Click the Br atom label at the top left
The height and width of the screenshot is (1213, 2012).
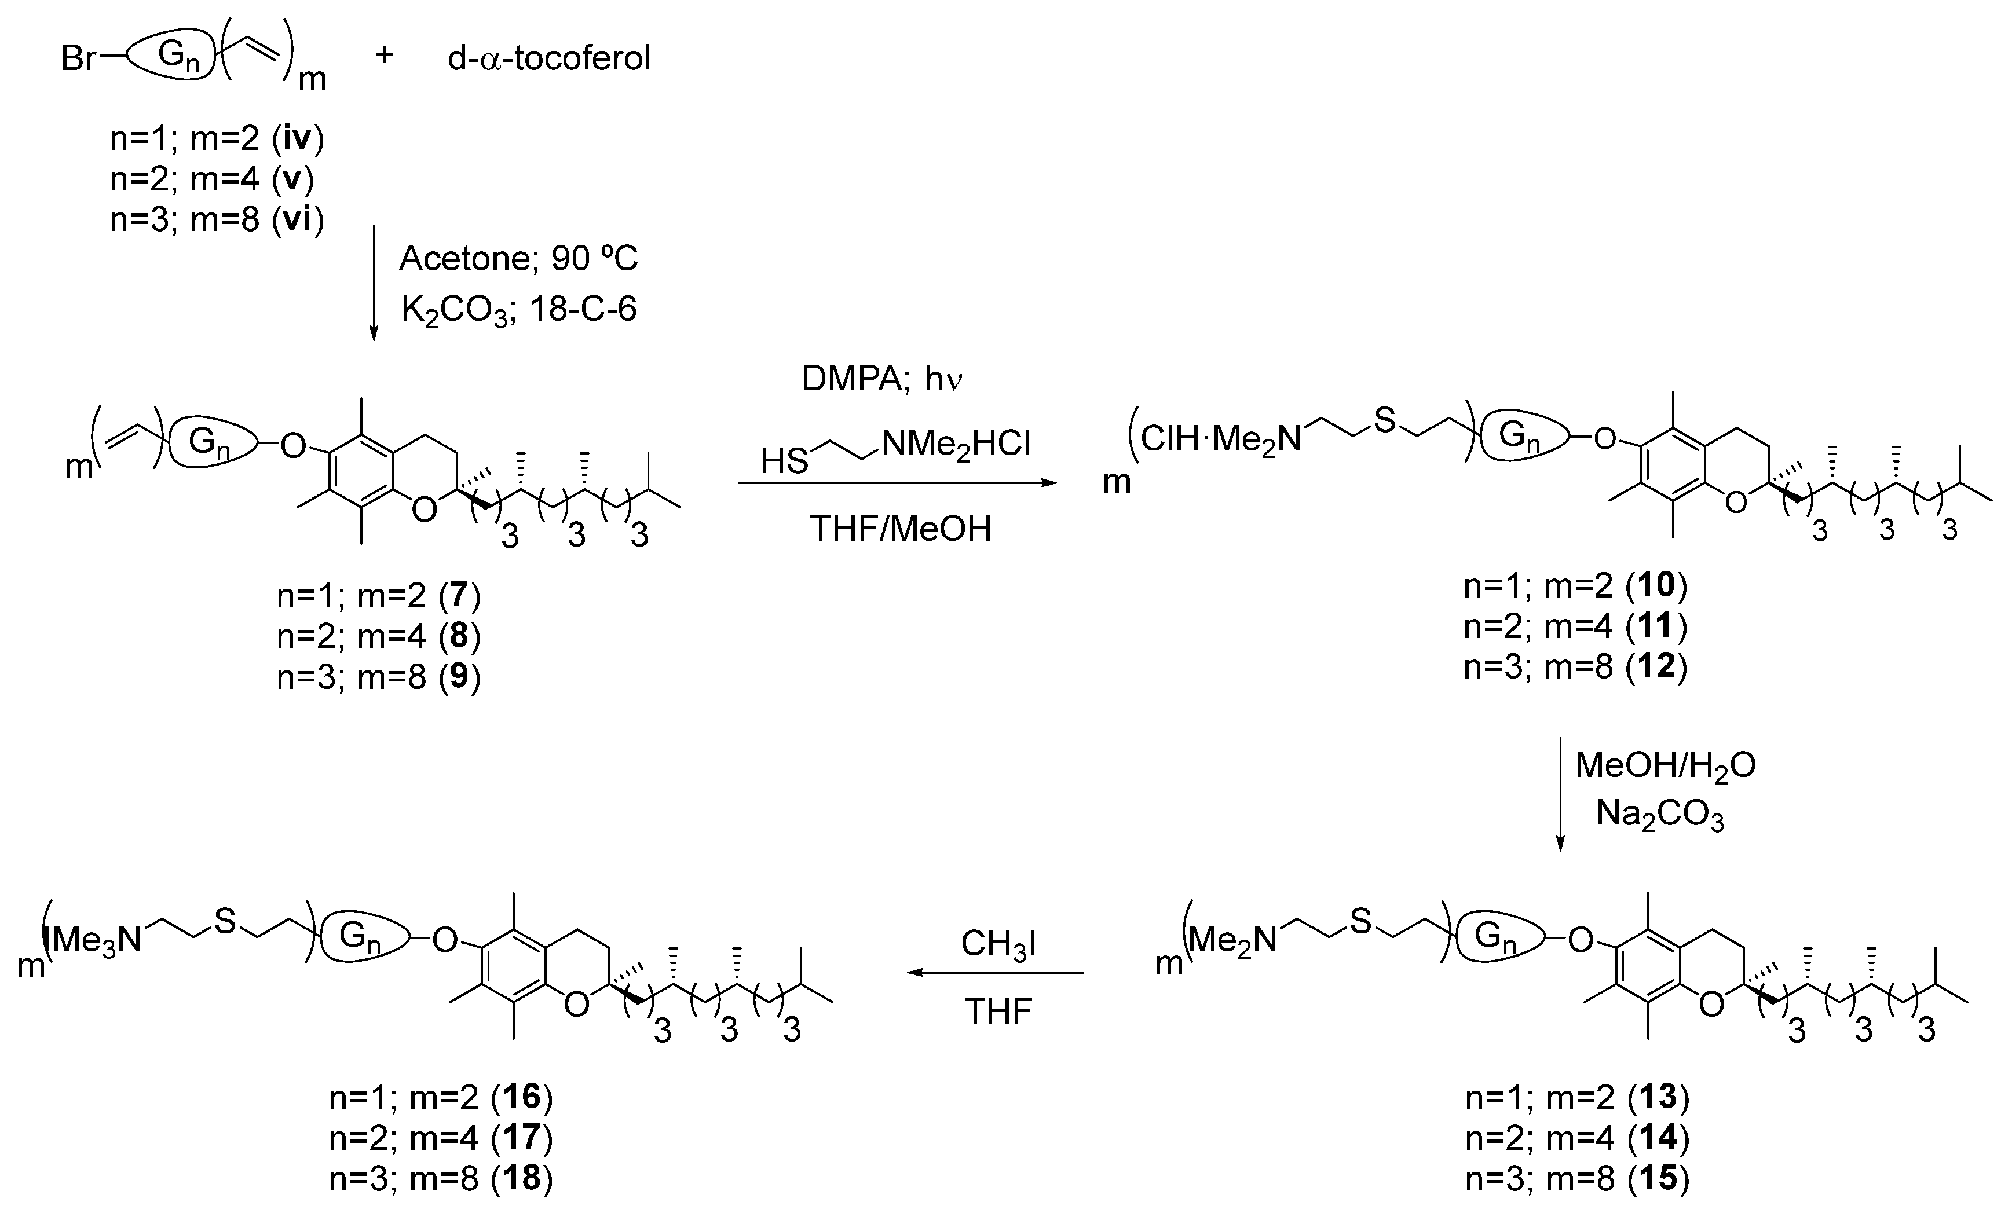tap(78, 59)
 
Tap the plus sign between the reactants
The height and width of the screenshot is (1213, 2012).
tap(385, 56)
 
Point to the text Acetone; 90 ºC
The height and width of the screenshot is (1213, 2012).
tap(518, 259)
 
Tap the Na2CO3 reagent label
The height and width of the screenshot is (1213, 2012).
tap(1660, 815)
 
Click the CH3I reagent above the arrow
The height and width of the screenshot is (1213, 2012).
tap(998, 944)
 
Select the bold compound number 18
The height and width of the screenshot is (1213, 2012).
tap(522, 1179)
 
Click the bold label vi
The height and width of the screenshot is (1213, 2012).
tap(295, 219)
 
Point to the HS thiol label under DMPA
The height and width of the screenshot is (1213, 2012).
tap(784, 462)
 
